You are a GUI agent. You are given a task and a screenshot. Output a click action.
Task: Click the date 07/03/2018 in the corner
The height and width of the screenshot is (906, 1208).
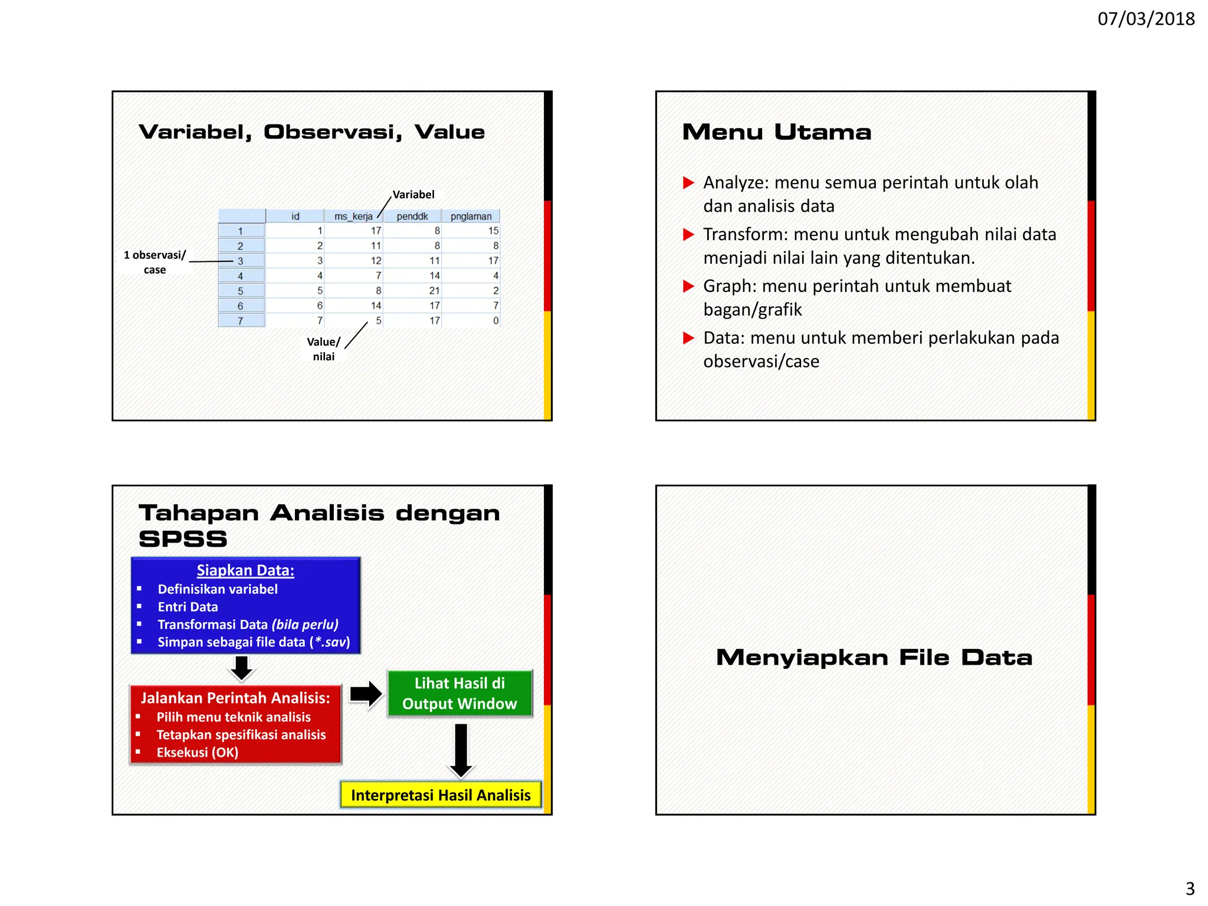pyautogui.click(x=1145, y=19)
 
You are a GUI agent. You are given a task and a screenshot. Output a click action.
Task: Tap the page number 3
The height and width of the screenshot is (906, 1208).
pyautogui.click(x=1190, y=888)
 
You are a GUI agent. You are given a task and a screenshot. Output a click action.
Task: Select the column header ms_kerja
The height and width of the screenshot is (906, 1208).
pyautogui.click(x=353, y=216)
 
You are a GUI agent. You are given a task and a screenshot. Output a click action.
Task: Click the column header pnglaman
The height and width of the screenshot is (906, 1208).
pyautogui.click(x=471, y=216)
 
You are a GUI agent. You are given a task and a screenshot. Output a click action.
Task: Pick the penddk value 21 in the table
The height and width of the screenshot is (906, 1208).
pyautogui.click(x=434, y=291)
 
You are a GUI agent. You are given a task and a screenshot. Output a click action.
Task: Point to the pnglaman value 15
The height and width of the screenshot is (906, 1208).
pyautogui.click(x=493, y=231)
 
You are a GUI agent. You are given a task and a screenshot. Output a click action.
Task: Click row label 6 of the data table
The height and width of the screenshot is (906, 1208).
pyautogui.click(x=241, y=306)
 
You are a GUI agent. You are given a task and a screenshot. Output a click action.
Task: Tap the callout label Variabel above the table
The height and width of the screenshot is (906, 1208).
pyautogui.click(x=413, y=195)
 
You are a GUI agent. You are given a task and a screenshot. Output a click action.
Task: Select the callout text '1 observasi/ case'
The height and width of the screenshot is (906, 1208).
pyautogui.click(x=155, y=262)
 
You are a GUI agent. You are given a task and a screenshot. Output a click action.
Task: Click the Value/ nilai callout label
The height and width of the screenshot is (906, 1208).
pyautogui.click(x=323, y=349)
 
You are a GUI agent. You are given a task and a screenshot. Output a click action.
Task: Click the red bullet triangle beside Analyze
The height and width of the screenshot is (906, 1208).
pyautogui.click(x=688, y=183)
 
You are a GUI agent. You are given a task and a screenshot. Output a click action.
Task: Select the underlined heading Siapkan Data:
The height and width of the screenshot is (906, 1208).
pyautogui.click(x=245, y=570)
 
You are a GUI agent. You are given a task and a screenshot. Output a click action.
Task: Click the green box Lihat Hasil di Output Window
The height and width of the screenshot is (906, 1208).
pyautogui.click(x=459, y=694)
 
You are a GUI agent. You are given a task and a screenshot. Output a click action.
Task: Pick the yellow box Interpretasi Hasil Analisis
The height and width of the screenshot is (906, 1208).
pyautogui.click(x=441, y=795)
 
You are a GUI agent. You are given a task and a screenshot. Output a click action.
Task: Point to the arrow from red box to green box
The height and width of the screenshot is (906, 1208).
pyautogui.click(x=366, y=694)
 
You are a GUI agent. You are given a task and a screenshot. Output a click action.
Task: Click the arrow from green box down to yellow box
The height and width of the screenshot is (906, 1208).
pyautogui.click(x=461, y=749)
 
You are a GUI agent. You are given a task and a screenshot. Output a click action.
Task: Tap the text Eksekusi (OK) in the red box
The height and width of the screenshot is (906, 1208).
pyautogui.click(x=197, y=753)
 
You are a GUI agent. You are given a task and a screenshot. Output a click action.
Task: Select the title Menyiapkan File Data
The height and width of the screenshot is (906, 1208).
pyautogui.click(x=874, y=658)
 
